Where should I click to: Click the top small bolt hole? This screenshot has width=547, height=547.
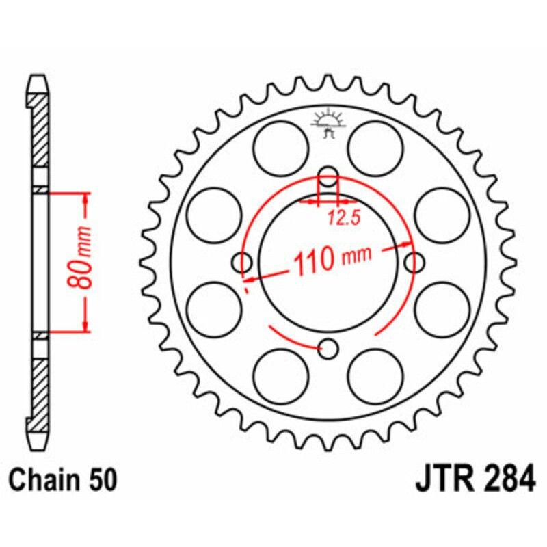click(x=330, y=174)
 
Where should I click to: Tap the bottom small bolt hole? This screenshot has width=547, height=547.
click(x=330, y=349)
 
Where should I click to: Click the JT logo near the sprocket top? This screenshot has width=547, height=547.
click(x=327, y=123)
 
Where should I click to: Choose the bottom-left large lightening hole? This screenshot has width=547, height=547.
click(x=280, y=375)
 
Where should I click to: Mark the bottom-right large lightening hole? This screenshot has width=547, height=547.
click(x=375, y=375)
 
